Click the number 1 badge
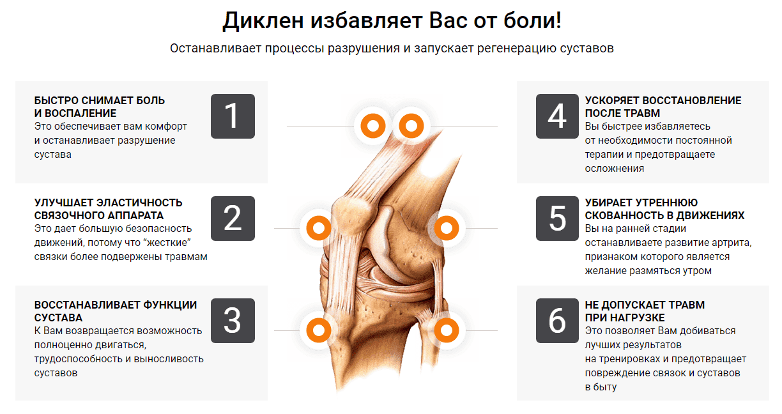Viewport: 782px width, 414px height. coord(233,116)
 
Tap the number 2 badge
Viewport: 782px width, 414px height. coord(233,218)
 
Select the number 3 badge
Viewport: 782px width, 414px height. coord(233,321)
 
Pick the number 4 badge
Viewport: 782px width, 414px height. coord(557,116)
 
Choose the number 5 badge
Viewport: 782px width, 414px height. coord(557,218)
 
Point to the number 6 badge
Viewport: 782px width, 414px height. coord(557,321)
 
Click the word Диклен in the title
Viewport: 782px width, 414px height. coord(263,21)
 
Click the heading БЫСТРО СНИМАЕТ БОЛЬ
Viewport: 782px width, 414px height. coord(100,100)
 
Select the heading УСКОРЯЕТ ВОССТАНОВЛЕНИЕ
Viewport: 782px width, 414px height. coord(663,100)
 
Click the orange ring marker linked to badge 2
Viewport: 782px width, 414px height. coord(318,227)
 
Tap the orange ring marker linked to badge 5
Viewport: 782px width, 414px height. coord(447,227)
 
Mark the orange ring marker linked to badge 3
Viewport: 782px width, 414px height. coord(318,330)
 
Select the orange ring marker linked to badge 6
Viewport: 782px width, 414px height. coord(447,330)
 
